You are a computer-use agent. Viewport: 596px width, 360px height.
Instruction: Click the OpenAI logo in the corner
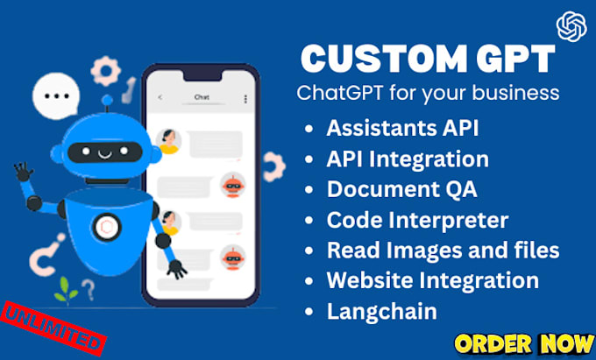(x=571, y=27)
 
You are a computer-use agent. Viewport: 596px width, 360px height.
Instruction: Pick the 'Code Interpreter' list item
(x=417, y=220)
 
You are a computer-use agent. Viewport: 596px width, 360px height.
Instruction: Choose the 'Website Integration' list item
(x=432, y=280)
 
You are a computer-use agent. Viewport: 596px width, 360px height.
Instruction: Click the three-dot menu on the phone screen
(x=245, y=97)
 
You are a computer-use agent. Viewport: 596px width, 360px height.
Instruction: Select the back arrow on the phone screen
(x=160, y=97)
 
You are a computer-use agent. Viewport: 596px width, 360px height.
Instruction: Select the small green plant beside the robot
(x=61, y=286)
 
